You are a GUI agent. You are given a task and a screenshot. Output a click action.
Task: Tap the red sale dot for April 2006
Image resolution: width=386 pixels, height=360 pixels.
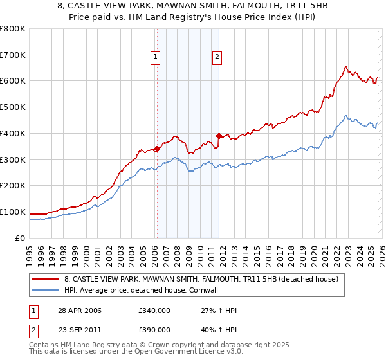coord(158,149)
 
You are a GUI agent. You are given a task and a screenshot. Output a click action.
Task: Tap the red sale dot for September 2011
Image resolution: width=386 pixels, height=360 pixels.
coord(219,136)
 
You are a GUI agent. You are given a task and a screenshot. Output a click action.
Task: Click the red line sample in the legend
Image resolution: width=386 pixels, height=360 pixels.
coord(46,279)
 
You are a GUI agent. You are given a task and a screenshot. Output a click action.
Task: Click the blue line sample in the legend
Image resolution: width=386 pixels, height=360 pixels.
coord(46,290)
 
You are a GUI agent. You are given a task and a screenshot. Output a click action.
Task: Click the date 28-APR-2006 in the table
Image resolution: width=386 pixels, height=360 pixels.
coord(80,310)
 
